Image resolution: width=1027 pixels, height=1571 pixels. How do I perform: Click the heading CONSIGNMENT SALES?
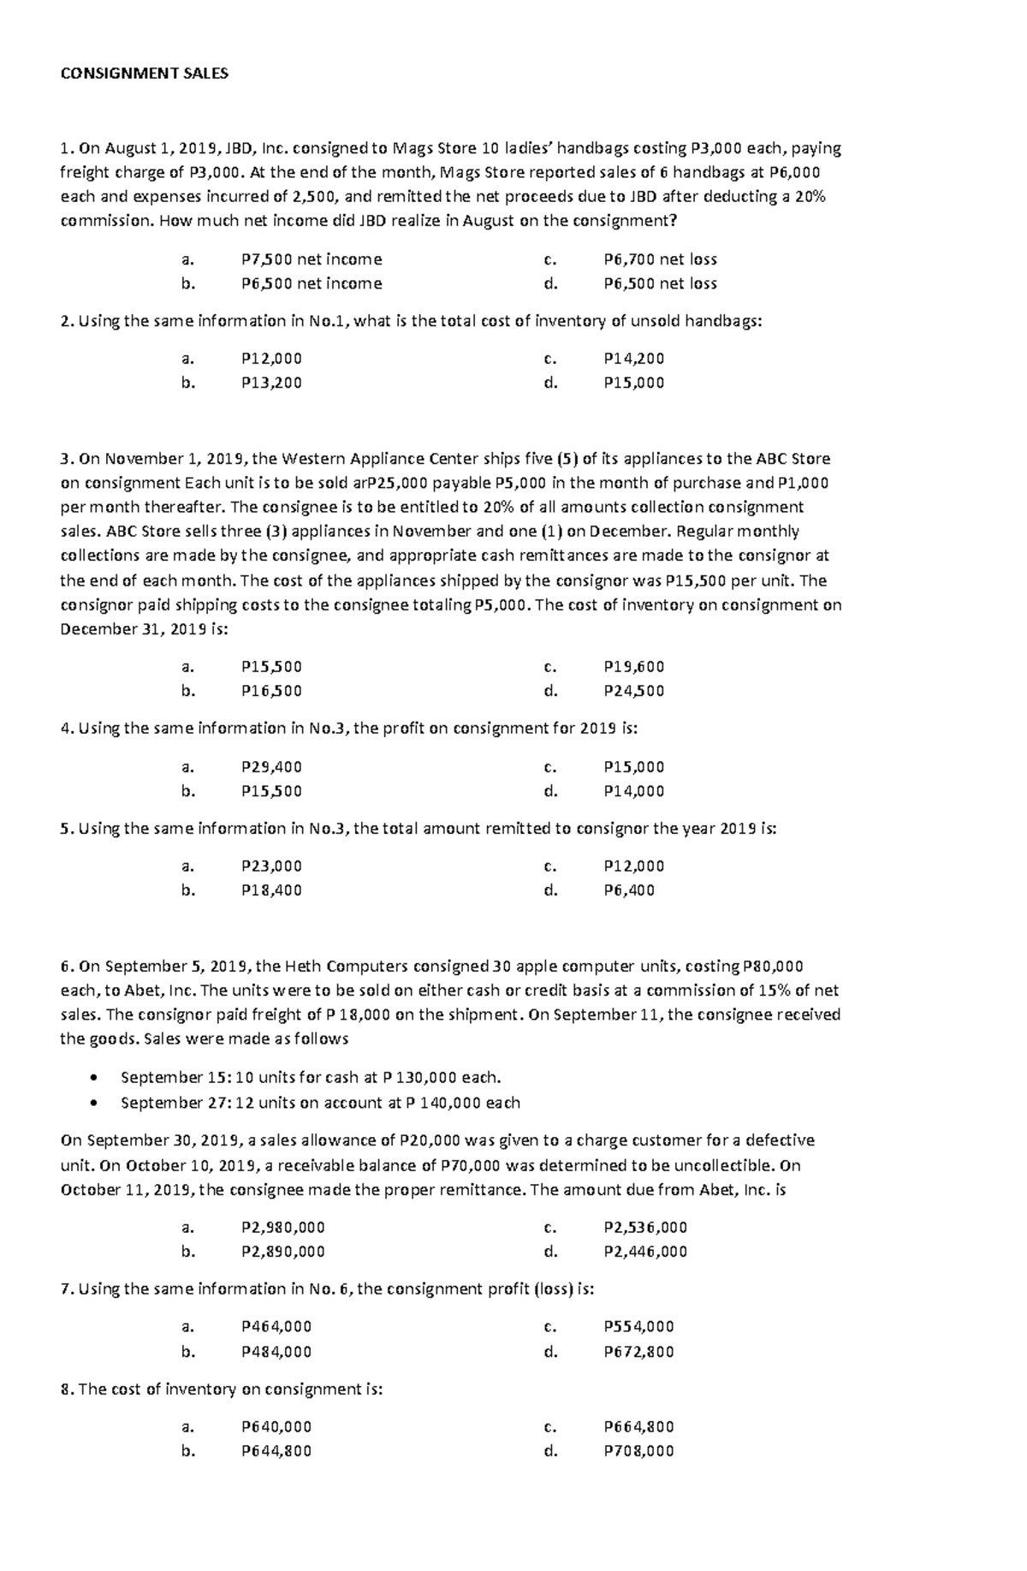click(x=145, y=74)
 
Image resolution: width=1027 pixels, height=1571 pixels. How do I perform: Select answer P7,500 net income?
click(x=312, y=259)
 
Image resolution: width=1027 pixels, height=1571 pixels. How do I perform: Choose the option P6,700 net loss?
click(x=660, y=259)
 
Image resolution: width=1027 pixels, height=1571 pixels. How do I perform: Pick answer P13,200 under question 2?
click(x=271, y=383)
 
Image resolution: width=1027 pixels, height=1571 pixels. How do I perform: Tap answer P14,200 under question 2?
click(x=633, y=359)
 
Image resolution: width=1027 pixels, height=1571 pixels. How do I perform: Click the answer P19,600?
click(x=633, y=667)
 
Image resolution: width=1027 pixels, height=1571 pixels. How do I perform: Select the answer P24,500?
click(x=633, y=691)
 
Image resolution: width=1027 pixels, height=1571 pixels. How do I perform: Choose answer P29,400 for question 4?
click(x=271, y=767)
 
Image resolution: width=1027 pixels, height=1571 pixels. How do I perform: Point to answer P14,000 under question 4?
click(x=633, y=791)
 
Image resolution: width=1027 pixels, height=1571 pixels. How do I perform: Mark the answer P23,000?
click(x=271, y=866)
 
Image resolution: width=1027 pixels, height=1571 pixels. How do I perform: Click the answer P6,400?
click(x=629, y=890)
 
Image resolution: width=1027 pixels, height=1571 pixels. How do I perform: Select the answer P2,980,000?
click(x=283, y=1228)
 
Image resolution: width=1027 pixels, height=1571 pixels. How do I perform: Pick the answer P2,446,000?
click(x=645, y=1252)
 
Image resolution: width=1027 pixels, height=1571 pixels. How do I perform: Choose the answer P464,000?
click(x=276, y=1327)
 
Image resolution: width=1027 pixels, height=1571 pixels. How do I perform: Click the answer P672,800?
click(x=638, y=1352)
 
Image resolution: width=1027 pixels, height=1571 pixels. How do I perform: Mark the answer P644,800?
click(x=276, y=1451)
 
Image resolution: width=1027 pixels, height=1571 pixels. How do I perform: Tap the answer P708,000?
click(x=638, y=1451)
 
